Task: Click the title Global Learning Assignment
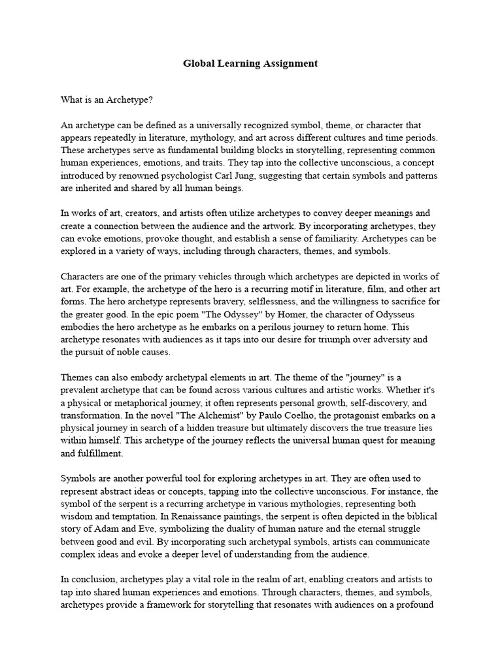[250, 63]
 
